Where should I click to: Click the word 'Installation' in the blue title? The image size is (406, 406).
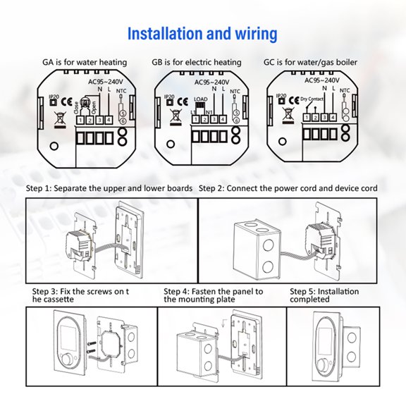166,34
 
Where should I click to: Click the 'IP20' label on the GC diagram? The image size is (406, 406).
281,95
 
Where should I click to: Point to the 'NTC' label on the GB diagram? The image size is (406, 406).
235,91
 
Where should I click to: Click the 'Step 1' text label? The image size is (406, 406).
42,189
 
